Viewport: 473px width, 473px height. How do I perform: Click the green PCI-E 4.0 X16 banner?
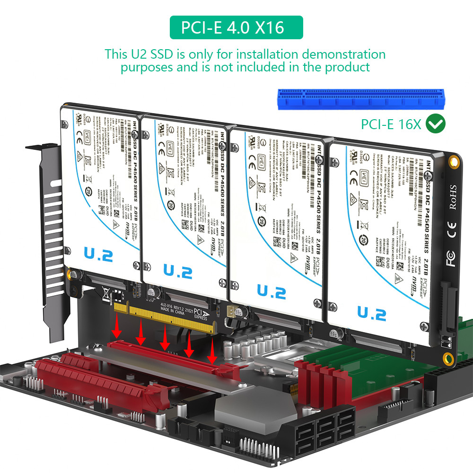pos(236,27)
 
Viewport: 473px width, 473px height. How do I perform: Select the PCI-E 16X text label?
pos(391,124)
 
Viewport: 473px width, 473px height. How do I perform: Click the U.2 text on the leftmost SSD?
pos(98,255)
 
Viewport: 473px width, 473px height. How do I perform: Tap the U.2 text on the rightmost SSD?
pos(372,313)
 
